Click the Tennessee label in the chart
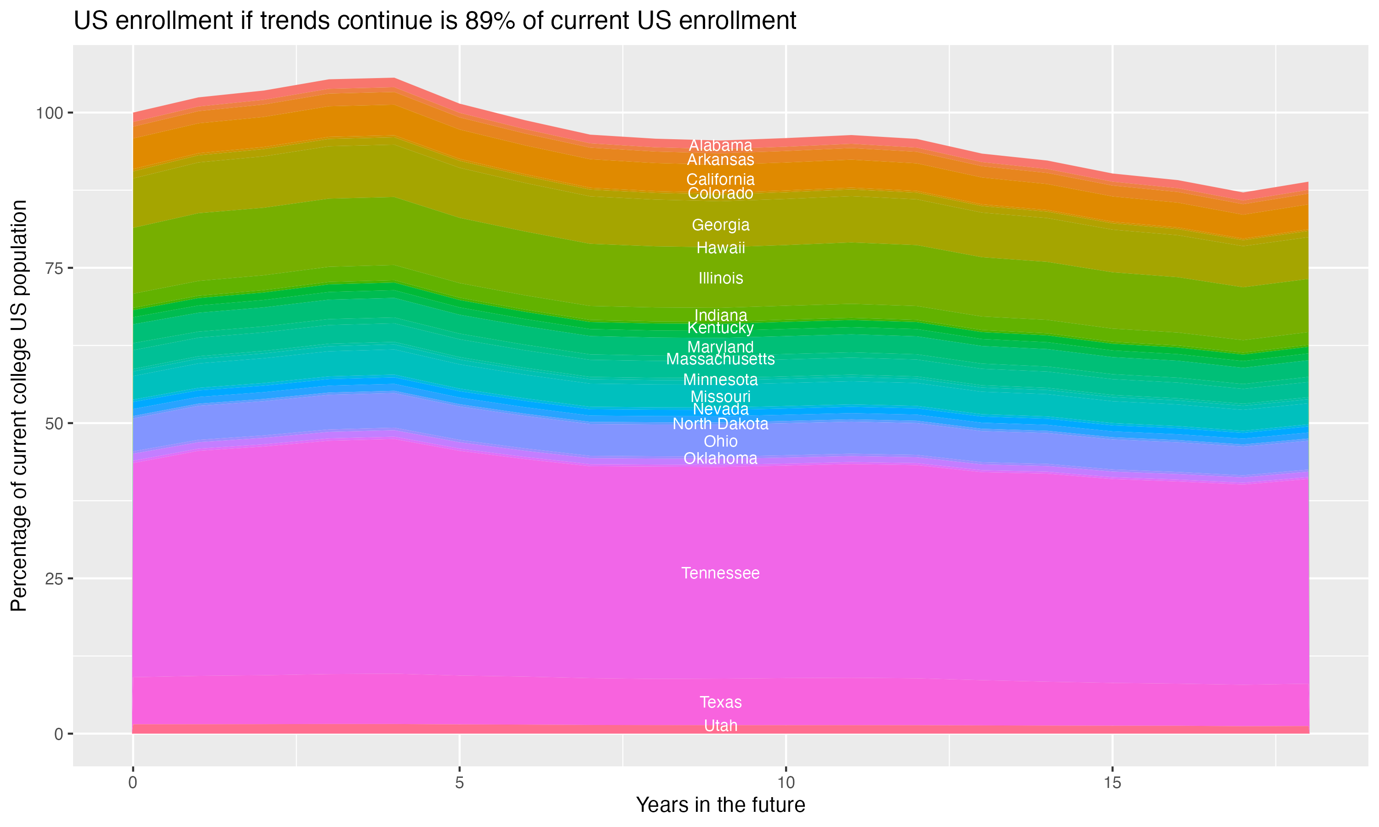(720, 573)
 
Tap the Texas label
(720, 702)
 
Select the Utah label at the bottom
(720, 725)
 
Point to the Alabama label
(720, 146)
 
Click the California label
(720, 180)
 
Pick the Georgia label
(720, 225)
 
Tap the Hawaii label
(720, 248)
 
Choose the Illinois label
(720, 278)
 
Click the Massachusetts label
(720, 359)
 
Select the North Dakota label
(720, 424)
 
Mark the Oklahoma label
(720, 459)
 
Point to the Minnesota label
(720, 380)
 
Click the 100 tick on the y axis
(47, 113)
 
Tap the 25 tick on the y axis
(53, 578)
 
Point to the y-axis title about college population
(19, 405)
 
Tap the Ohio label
(720, 442)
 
